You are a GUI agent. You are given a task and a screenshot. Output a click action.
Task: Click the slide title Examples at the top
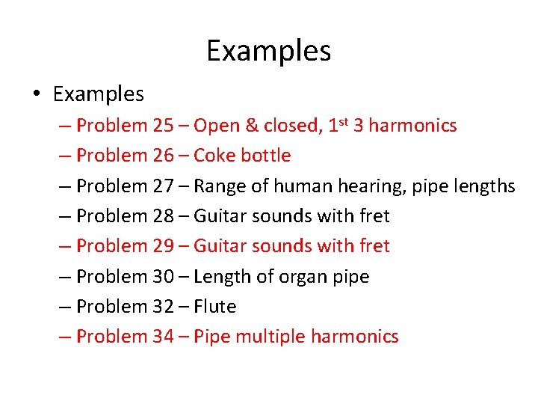click(x=268, y=51)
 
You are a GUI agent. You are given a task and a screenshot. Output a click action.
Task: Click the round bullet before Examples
click(x=37, y=95)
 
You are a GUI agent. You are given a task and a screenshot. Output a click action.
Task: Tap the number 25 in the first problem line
click(x=163, y=126)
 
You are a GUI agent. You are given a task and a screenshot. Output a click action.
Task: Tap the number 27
click(x=163, y=186)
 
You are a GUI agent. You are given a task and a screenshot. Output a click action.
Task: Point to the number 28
click(x=163, y=216)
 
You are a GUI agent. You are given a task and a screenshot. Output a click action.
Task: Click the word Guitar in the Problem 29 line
click(x=219, y=246)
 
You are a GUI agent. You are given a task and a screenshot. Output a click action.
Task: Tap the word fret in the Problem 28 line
click(x=374, y=216)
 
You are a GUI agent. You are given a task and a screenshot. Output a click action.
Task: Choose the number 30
click(x=163, y=277)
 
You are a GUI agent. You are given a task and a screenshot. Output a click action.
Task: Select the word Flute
click(x=214, y=307)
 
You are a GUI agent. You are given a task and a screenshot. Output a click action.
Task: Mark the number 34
click(x=163, y=337)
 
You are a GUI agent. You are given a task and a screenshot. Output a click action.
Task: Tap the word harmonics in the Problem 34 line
click(x=355, y=337)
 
